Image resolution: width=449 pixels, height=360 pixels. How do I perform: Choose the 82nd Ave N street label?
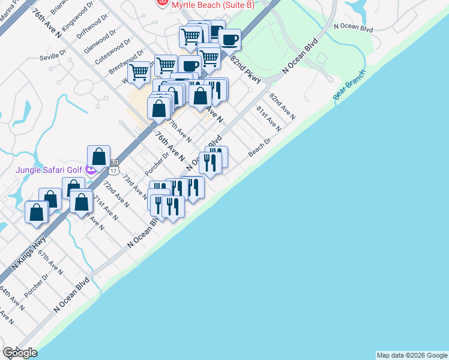pyautogui.click(x=282, y=106)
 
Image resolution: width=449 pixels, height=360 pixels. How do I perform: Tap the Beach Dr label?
pyautogui.click(x=260, y=148)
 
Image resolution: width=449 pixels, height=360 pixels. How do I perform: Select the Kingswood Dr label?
pyautogui.click(x=74, y=22)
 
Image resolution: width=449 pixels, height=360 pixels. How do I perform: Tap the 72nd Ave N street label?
pyautogui.click(x=116, y=193)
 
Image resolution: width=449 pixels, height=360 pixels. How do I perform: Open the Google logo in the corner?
pyautogui.click(x=20, y=353)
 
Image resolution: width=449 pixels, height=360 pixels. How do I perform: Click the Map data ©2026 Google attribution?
pyautogui.click(x=411, y=355)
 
